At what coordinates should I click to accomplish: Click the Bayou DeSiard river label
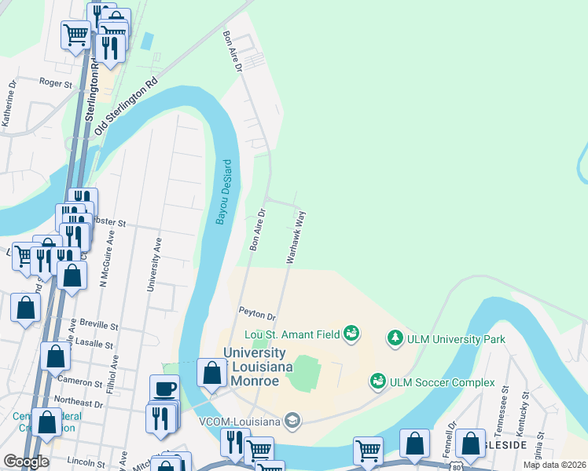click(x=225, y=192)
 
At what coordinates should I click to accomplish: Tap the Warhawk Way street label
click(x=296, y=235)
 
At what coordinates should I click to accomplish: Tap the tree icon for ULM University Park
click(x=395, y=339)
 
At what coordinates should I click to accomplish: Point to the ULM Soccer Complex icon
click(x=378, y=382)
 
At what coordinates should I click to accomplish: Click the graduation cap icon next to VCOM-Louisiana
click(x=292, y=422)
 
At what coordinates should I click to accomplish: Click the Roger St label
click(x=56, y=81)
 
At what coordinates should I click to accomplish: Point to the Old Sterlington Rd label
click(x=127, y=105)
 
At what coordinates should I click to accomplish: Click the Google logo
click(x=25, y=462)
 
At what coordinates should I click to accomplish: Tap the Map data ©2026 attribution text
click(x=555, y=465)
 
